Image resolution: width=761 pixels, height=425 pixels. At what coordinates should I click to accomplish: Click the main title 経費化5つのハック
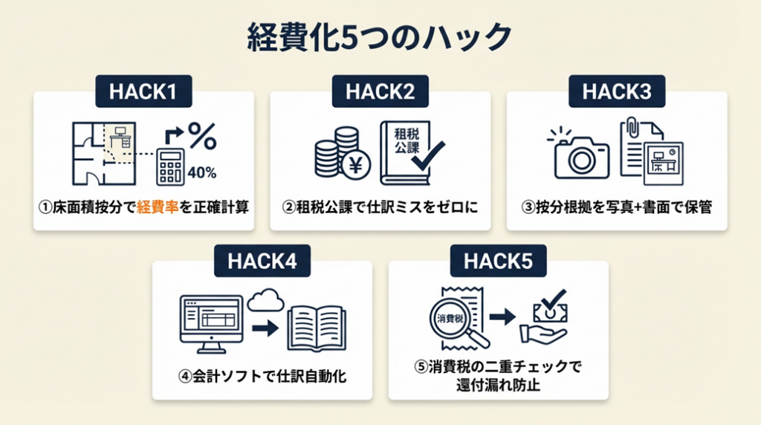[379, 37]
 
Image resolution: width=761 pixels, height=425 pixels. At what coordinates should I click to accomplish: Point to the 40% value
[203, 173]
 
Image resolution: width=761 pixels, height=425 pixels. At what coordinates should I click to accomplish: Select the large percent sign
[201, 138]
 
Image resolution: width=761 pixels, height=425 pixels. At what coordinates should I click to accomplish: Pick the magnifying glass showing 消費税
[459, 321]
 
